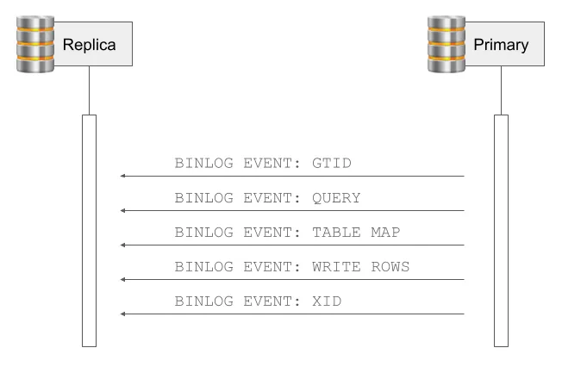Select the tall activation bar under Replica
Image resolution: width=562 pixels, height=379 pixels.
[x=89, y=230]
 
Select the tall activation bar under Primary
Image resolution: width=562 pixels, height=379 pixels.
[x=501, y=230]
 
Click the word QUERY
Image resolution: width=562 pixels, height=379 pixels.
[x=337, y=198]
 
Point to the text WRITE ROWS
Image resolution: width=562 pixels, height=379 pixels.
[x=359, y=267]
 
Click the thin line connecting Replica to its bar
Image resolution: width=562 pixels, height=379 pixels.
[x=89, y=90]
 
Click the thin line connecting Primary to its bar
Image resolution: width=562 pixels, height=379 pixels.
[x=501, y=90]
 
